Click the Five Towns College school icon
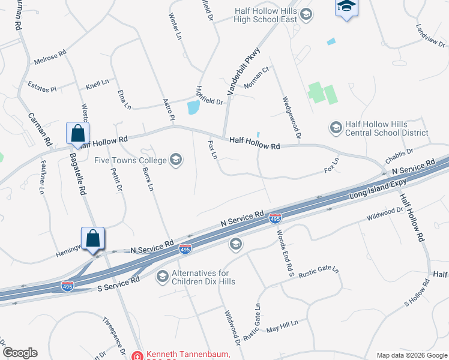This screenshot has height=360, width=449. [x=176, y=160]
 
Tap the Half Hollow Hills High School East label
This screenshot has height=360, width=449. [x=262, y=15]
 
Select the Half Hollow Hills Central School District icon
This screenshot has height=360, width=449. [x=336, y=127]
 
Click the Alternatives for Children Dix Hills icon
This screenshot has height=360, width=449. [x=162, y=276]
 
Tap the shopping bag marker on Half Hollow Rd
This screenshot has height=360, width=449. [x=78, y=134]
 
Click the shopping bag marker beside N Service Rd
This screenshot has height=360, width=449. [x=93, y=238]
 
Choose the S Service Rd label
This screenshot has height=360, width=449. [x=118, y=284]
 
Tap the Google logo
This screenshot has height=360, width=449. [x=20, y=353]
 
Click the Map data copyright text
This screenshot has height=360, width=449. [x=412, y=355]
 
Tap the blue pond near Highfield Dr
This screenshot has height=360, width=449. [x=193, y=108]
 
